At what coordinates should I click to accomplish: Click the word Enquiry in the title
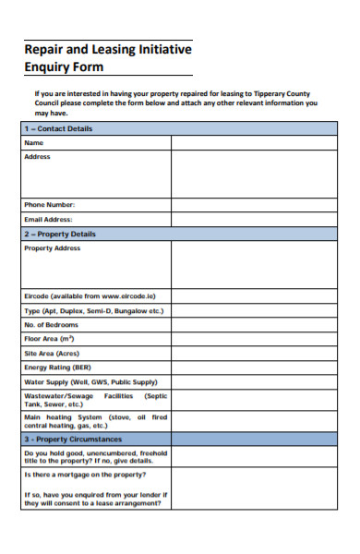point(51,67)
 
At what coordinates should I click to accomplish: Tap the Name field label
point(34,143)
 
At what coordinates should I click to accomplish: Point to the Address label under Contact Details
point(37,157)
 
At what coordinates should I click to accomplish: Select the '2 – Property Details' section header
point(60,234)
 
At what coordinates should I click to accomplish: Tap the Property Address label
point(52,248)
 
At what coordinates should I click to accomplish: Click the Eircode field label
point(90,295)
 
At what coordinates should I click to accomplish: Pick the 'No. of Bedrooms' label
point(52,324)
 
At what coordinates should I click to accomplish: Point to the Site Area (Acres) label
point(52,353)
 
